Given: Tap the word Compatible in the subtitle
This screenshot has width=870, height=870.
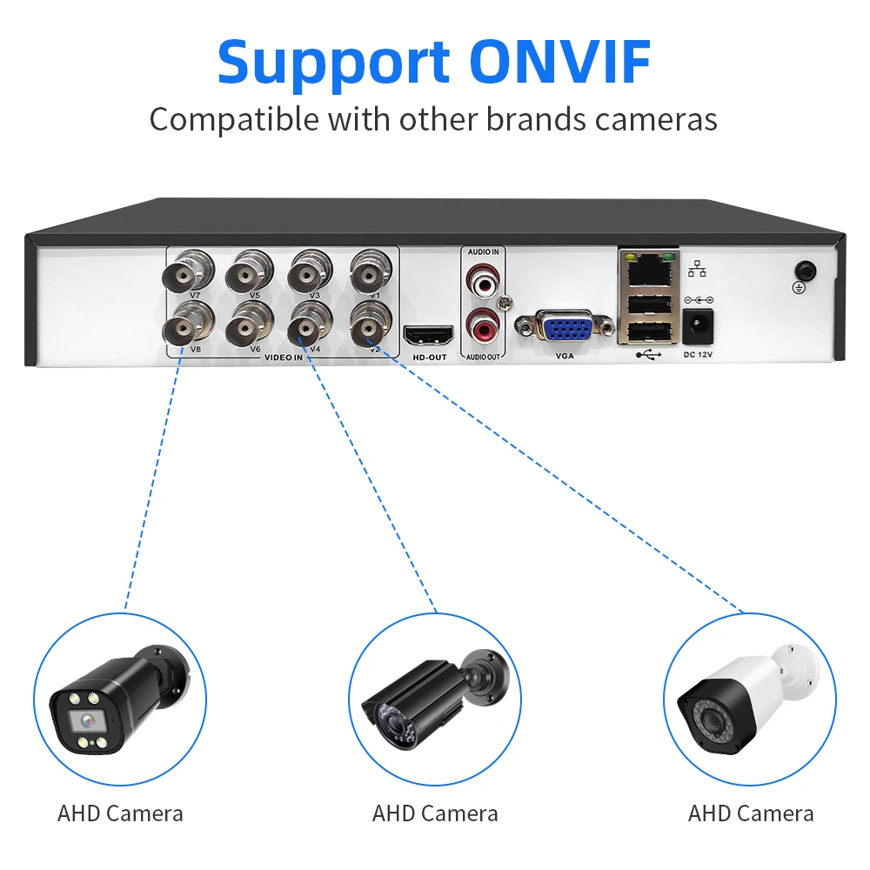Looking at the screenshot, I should (x=234, y=118).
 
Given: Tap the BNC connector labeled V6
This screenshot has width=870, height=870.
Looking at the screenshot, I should (x=250, y=329).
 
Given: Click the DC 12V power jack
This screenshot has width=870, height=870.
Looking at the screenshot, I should (x=700, y=326).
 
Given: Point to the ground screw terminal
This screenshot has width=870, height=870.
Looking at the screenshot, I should (x=806, y=271).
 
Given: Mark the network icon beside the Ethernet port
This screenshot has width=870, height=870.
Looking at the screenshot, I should (x=696, y=270).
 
